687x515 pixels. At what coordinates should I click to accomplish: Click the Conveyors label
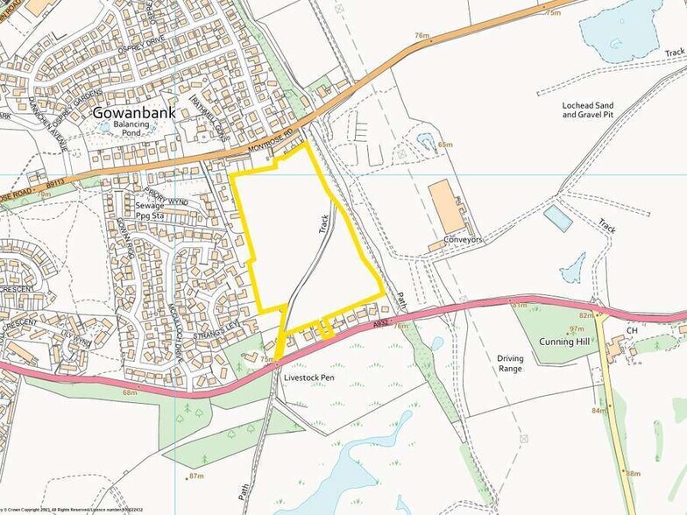pos(464,239)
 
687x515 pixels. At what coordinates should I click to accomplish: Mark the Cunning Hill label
pos(569,341)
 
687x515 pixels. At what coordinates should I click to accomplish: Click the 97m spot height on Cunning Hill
pos(577,328)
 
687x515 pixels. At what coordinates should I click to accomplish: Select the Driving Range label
pos(510,363)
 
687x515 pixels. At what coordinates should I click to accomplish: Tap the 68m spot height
pos(130,392)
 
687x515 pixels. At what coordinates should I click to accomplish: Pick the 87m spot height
pos(195,476)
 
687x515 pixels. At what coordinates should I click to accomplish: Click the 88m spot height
pos(633,473)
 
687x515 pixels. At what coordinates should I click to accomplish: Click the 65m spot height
pos(445,145)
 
